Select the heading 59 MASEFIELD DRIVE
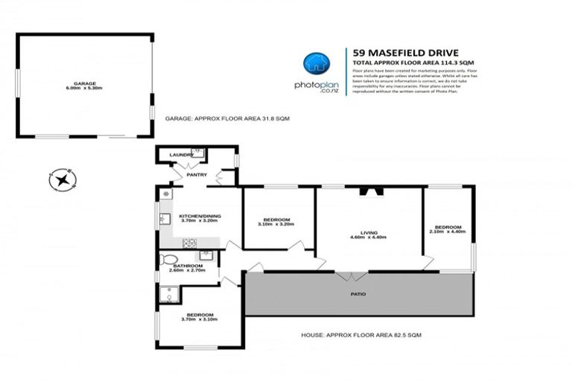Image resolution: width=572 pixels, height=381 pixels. click(399, 53)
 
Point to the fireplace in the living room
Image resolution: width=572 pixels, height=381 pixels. click(370, 192)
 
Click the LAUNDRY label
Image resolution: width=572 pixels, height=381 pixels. click(180, 155)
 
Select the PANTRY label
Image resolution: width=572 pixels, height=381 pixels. click(197, 176)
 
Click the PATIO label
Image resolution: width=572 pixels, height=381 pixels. click(358, 294)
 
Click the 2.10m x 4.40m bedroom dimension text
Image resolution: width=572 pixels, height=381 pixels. click(448, 231)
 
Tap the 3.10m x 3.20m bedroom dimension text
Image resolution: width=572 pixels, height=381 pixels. click(276, 224)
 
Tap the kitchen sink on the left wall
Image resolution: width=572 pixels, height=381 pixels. click(163, 219)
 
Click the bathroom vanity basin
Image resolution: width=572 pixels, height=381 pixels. click(206, 255)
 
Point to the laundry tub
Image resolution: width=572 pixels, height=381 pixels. click(197, 153)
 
